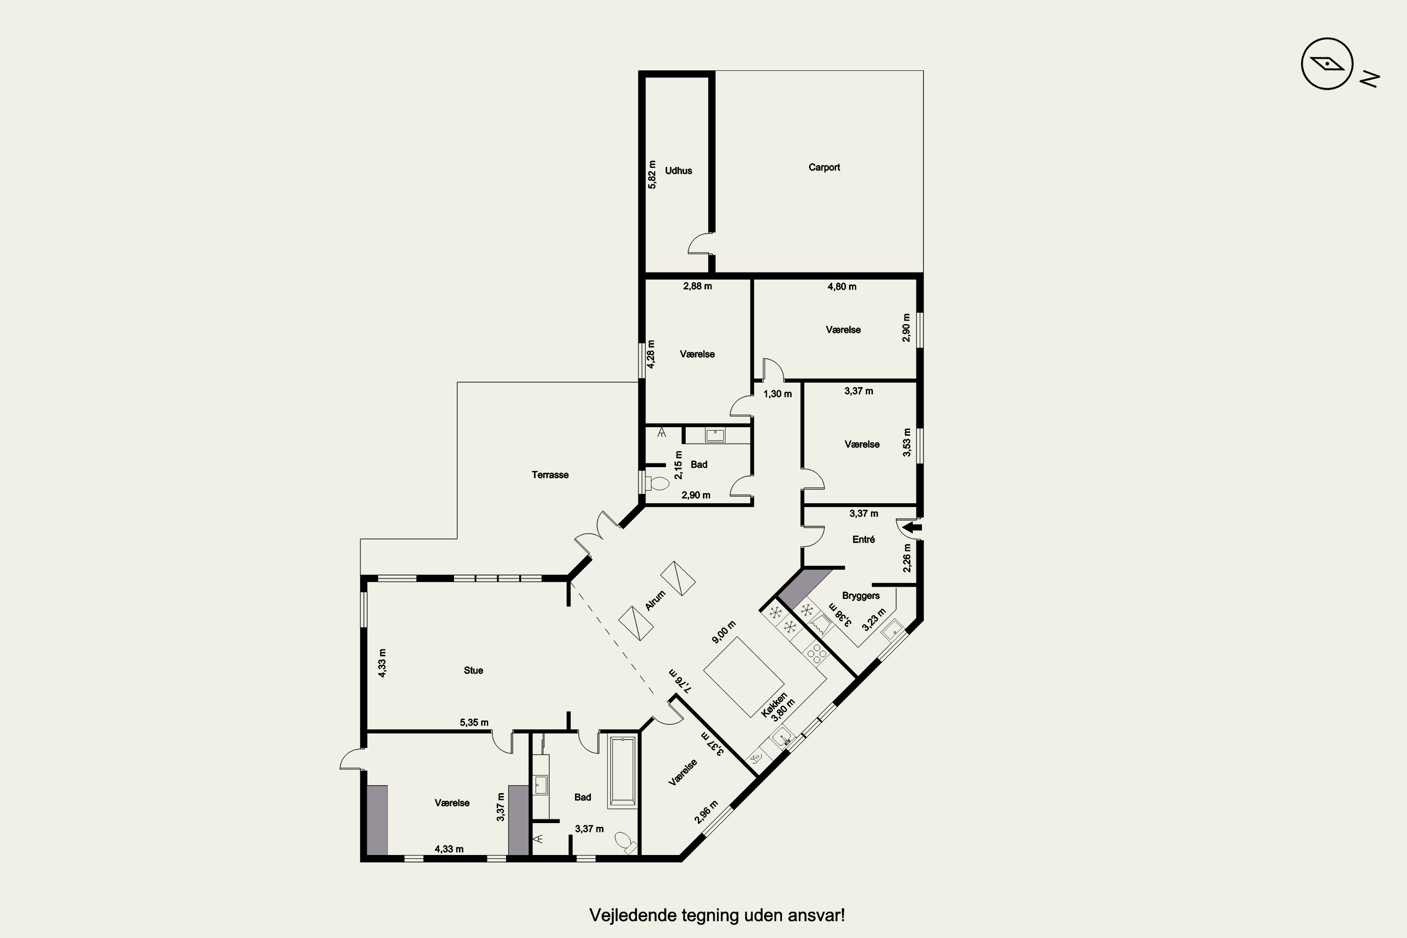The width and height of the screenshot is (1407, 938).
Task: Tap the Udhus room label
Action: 678,171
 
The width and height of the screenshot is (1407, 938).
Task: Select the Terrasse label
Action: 550,475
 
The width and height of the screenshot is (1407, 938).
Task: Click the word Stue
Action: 473,671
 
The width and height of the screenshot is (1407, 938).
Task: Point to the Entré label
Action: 863,540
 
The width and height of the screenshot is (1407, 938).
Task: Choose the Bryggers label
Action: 860,596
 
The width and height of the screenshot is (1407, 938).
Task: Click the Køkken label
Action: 774,705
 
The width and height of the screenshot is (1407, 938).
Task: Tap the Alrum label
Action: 655,601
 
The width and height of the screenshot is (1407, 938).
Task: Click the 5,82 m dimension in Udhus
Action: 652,174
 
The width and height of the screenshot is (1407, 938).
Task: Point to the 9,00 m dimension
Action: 723,632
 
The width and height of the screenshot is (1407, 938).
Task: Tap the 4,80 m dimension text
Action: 842,287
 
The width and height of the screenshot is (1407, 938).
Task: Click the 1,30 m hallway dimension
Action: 777,394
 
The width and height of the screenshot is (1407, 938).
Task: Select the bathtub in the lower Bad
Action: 622,772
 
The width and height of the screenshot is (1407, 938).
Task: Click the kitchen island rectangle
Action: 743,677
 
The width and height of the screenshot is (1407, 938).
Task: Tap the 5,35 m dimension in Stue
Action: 474,723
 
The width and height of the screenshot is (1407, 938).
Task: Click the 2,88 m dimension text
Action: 697,287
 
